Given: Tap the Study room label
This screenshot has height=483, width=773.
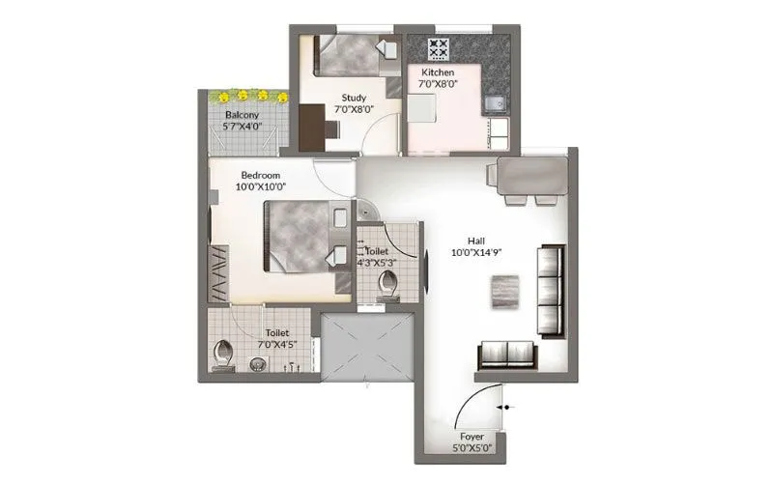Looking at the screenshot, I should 352,97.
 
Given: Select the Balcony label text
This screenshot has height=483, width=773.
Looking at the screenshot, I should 243,115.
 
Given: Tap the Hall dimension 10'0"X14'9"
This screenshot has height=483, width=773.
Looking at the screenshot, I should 475,254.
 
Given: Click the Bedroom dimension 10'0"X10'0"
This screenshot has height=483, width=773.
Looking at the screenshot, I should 262,187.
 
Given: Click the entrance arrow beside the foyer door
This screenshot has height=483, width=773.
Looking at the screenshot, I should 508,409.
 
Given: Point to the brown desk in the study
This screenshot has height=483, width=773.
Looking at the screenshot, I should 312,127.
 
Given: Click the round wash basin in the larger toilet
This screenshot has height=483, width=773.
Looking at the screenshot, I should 258,364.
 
